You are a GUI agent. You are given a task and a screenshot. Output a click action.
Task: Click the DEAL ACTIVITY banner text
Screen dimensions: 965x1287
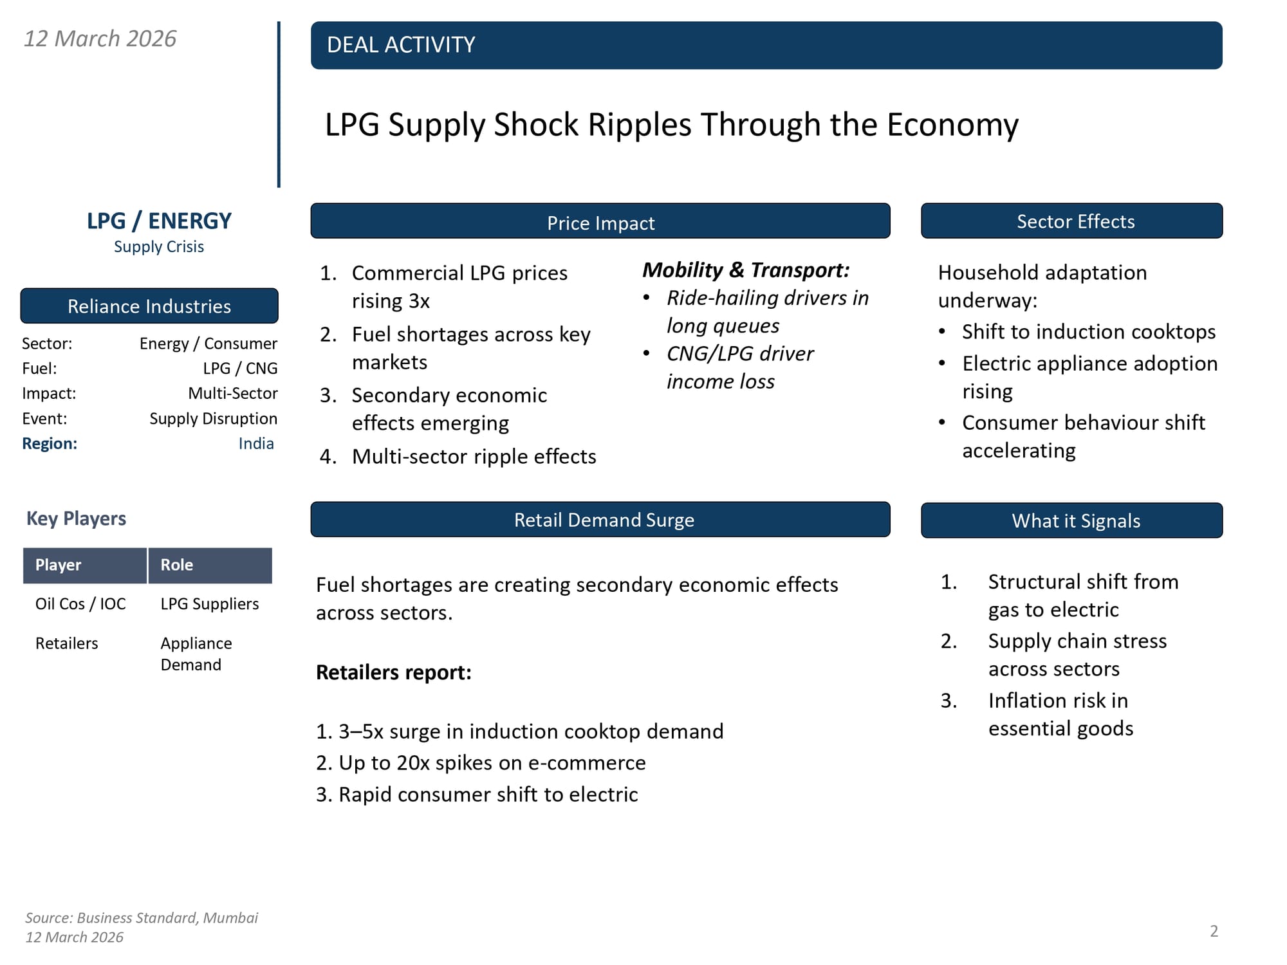coord(400,45)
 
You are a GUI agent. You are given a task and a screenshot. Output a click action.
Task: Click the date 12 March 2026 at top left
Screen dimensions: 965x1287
coord(100,39)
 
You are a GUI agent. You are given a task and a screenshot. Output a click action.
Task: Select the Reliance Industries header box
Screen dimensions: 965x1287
coord(149,306)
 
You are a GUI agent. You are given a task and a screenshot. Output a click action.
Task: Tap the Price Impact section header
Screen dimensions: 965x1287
coord(600,223)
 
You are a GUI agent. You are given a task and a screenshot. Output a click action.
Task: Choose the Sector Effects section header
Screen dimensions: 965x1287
coord(1075,221)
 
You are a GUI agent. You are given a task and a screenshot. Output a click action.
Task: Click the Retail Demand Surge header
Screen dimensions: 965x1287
coord(604,520)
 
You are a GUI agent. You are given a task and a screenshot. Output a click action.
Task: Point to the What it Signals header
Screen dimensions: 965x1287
coord(1075,520)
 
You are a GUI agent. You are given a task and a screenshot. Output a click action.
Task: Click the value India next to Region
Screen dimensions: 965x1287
coord(256,443)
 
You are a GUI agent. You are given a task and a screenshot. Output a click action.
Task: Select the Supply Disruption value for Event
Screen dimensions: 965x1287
coord(213,419)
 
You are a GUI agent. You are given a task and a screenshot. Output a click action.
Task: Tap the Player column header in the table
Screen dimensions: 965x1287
coord(59,565)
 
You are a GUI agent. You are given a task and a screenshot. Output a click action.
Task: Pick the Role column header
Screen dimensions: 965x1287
coord(177,565)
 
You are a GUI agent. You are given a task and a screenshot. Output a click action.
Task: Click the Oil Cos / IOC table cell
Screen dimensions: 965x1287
coord(80,604)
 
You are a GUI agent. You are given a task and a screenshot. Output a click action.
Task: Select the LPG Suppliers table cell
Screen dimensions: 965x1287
coord(210,604)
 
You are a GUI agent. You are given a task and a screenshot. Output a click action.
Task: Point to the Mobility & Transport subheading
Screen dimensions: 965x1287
coord(746,270)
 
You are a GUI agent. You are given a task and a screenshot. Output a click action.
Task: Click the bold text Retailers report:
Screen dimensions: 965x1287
coord(394,672)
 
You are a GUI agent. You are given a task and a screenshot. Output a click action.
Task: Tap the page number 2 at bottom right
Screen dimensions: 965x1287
coord(1214,931)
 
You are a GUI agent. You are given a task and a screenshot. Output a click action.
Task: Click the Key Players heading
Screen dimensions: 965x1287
coord(76,519)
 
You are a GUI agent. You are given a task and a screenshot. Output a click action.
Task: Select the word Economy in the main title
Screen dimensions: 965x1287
coord(952,125)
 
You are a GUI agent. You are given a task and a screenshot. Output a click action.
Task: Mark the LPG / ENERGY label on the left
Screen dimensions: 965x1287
coord(159,221)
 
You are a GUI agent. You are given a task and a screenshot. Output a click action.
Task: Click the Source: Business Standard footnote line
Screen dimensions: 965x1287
coord(142,918)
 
